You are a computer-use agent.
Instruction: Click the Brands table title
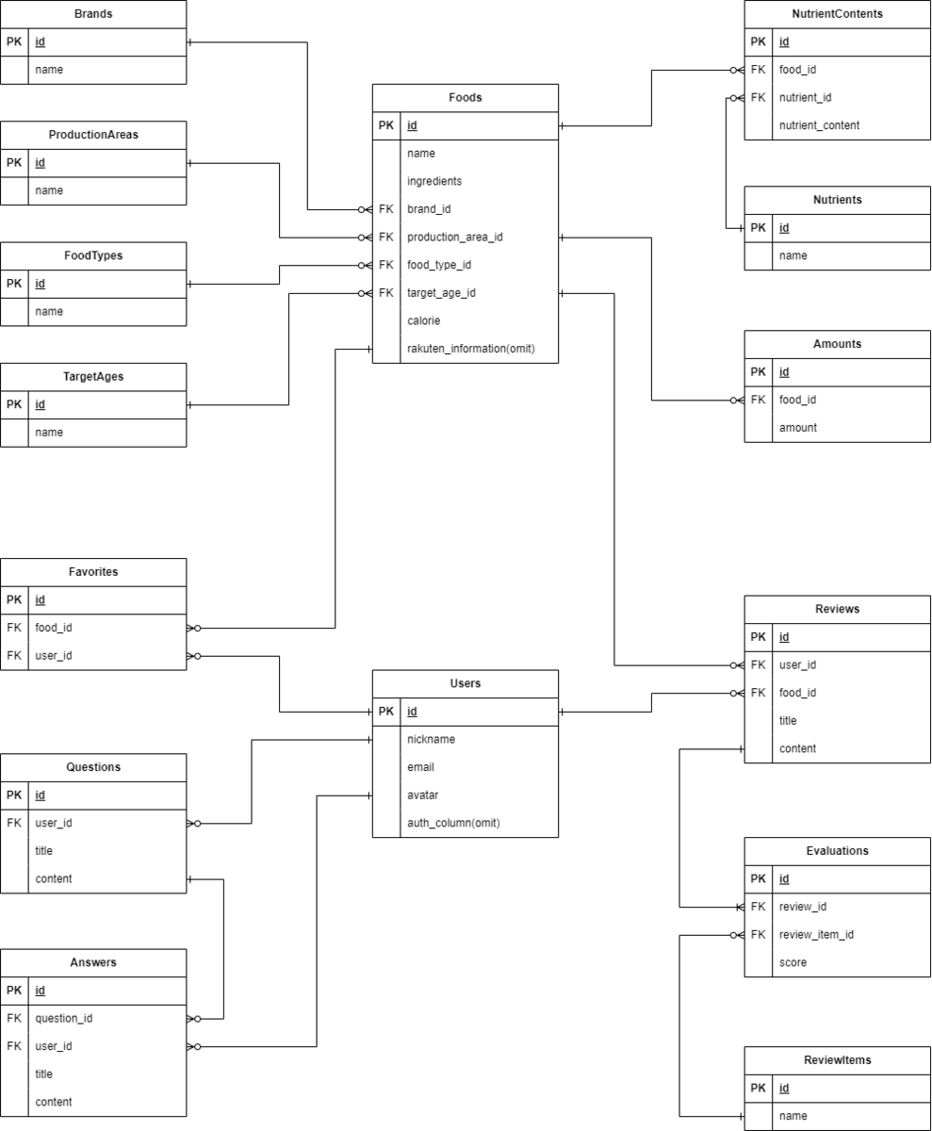93,14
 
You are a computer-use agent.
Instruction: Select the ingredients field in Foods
434,181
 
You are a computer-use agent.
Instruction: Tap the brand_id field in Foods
429,209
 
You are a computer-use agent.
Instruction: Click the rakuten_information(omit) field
470,349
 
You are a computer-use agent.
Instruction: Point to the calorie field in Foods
423,320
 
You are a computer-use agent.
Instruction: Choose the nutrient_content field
819,125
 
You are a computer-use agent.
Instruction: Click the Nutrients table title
837,200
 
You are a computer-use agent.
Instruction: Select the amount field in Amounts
797,427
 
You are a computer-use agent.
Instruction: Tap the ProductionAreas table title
93,135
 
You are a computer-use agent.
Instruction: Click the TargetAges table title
93,376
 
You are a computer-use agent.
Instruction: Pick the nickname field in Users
431,739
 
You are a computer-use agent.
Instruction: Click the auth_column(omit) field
453,823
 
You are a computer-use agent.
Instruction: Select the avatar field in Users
422,795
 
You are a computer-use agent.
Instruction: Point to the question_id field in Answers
64,1018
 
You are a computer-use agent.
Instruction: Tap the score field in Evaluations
793,962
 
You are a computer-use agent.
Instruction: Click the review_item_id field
816,934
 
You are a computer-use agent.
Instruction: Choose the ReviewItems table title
837,1060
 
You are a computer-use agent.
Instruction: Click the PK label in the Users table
386,712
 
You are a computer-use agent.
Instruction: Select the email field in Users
420,767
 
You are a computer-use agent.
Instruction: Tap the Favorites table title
93,572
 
